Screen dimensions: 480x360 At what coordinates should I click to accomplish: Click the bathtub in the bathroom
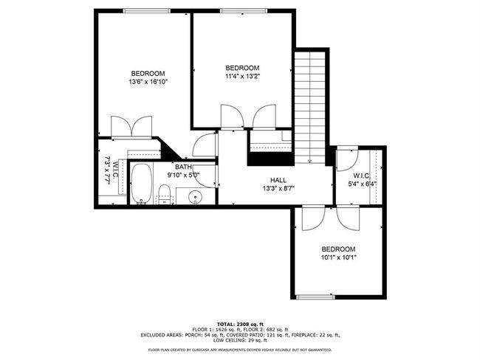pos(142,184)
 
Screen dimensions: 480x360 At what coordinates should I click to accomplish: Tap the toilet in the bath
pos(165,194)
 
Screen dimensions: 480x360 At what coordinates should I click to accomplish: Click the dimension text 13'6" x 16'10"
pos(148,82)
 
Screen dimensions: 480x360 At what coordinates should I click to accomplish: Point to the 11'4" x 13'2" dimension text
pos(242,77)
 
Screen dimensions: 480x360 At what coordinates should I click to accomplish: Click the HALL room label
pos(278,180)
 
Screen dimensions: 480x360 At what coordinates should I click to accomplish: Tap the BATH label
pos(183,167)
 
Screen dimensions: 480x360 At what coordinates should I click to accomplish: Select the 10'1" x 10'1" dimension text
pos(339,257)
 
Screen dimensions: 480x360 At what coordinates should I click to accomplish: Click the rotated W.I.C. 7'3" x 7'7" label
pos(111,170)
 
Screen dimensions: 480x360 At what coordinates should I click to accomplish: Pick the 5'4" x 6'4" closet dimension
pos(362,184)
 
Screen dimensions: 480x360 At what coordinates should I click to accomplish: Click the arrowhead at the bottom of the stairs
pos(310,161)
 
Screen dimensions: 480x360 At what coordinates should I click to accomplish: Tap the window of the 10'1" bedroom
pos(315,297)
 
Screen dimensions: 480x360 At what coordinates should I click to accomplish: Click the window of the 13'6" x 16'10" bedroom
pos(147,11)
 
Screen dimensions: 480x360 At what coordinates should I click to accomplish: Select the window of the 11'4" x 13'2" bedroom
pos(244,11)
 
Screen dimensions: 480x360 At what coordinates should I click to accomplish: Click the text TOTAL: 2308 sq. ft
pos(240,324)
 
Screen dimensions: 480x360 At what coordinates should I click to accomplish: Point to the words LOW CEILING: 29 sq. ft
pos(240,340)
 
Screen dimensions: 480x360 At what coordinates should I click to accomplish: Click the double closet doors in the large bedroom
pos(131,127)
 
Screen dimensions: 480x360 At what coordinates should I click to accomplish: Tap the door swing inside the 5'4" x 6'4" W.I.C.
pos(347,159)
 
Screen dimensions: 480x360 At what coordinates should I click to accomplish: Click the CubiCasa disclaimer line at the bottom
pos(240,350)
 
